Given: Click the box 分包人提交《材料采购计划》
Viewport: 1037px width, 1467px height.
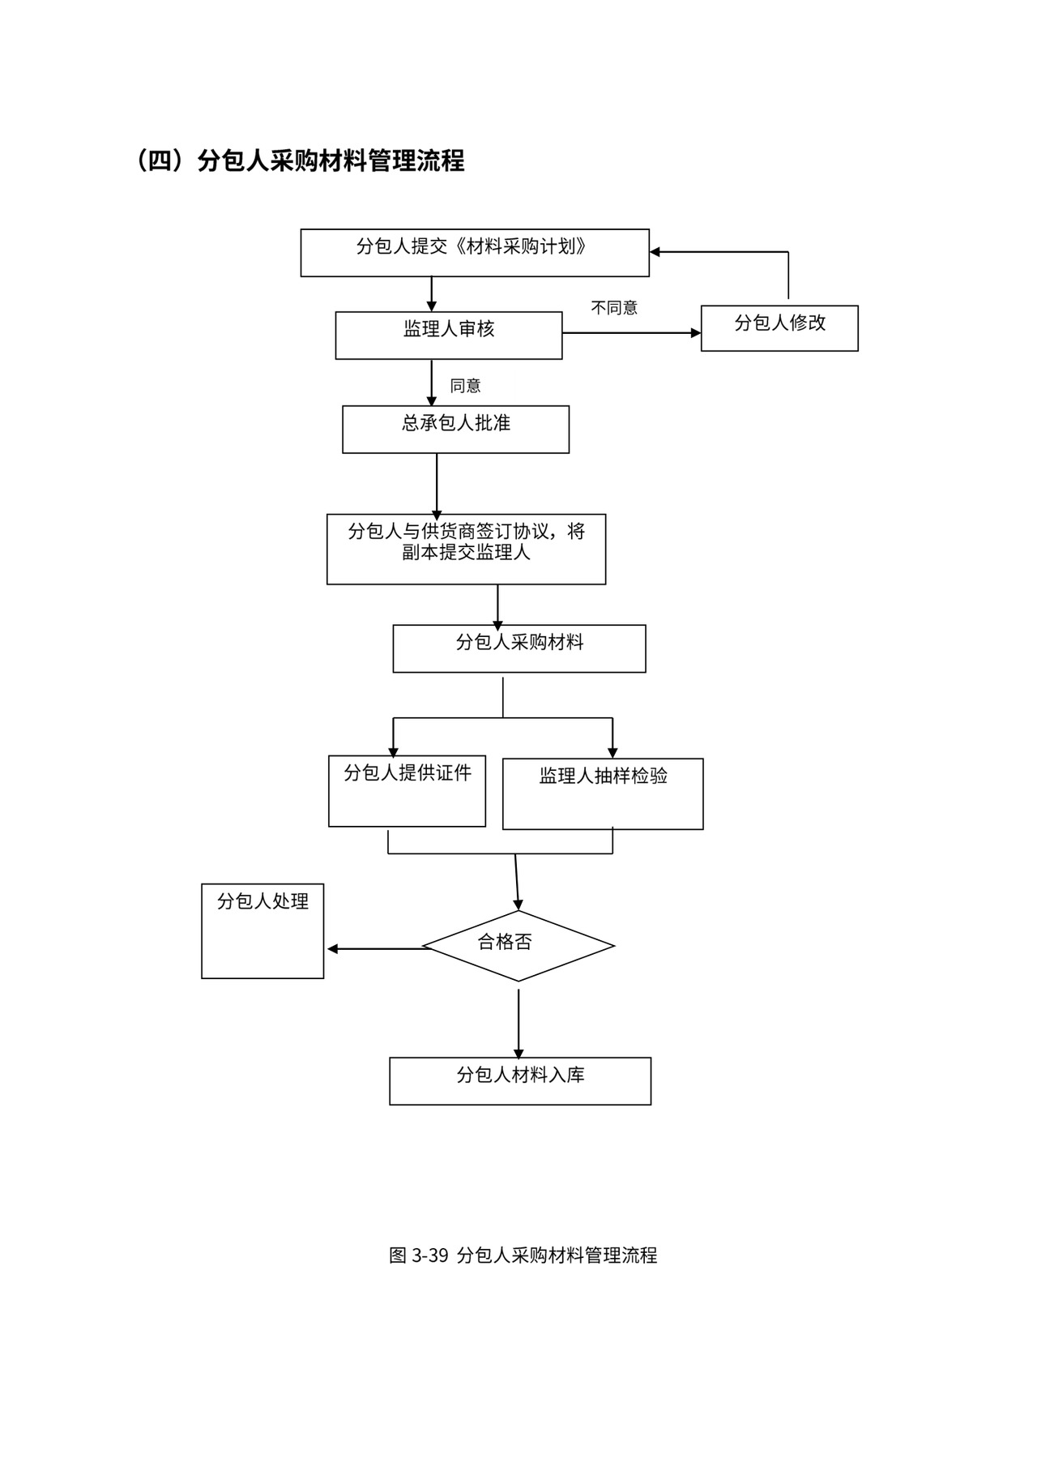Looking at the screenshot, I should click(475, 253).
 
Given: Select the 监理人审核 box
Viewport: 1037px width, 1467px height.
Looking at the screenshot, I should click(449, 336).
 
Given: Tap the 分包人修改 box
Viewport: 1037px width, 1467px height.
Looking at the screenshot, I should click(779, 328).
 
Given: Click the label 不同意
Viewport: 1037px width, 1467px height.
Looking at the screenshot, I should click(614, 308).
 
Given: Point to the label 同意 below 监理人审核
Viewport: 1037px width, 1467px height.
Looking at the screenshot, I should click(466, 386).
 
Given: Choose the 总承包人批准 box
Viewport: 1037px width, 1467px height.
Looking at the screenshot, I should click(455, 430).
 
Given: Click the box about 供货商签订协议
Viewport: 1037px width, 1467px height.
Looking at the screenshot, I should click(466, 549).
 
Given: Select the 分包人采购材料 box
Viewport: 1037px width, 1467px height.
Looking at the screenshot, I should click(519, 648).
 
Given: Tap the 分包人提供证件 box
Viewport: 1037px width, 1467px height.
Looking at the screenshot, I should click(407, 791).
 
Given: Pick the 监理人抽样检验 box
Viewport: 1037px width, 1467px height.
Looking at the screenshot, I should click(603, 794).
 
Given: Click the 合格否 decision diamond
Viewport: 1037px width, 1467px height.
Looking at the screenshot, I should click(518, 946).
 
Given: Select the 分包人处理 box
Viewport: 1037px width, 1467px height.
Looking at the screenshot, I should click(262, 931).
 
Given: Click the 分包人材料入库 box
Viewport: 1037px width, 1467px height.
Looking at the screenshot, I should click(520, 1081).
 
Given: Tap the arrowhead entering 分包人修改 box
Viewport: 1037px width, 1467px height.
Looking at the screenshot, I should click(695, 333).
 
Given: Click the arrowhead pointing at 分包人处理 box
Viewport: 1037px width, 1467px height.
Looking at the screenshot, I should click(333, 949).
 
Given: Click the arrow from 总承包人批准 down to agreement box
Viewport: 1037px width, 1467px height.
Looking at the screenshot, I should click(437, 483).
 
